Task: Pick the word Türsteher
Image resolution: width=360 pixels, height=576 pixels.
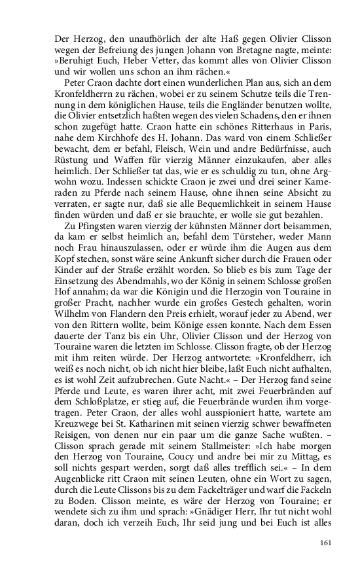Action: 228,235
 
